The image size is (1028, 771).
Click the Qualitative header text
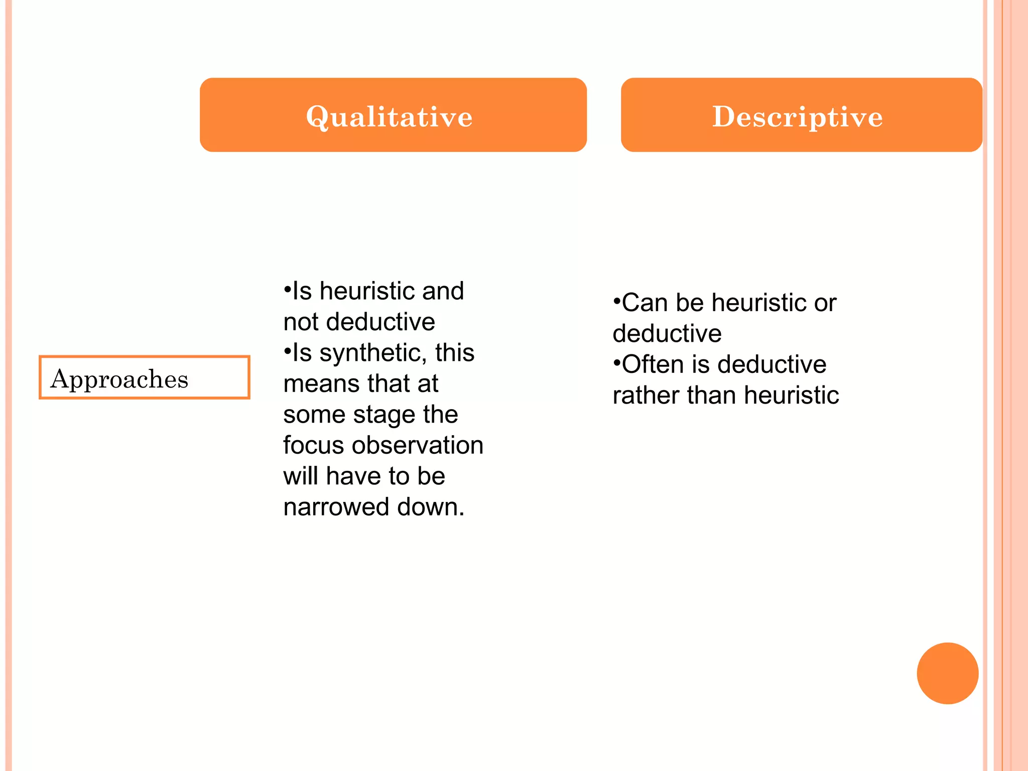[x=390, y=117]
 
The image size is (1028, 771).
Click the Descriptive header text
[x=798, y=117]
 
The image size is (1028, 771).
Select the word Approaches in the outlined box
[x=119, y=379]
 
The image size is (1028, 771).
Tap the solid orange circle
[x=947, y=673]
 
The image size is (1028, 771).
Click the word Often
[x=653, y=364]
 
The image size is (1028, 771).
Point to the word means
[x=321, y=383]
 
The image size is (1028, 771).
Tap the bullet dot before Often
[x=616, y=363]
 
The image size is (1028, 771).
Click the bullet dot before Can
[x=616, y=301]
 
